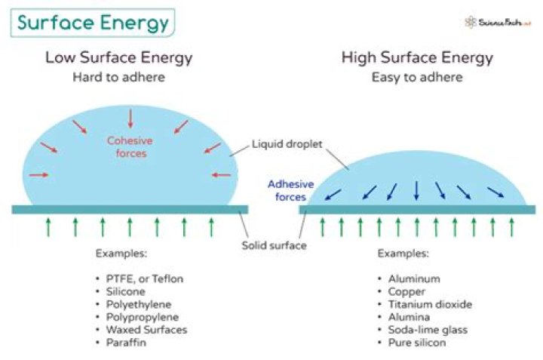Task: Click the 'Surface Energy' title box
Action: click(x=93, y=23)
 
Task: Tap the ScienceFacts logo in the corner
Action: click(x=498, y=23)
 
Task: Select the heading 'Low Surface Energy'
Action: click(x=119, y=57)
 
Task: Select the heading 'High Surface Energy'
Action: click(x=417, y=57)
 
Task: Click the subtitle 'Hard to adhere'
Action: click(x=119, y=77)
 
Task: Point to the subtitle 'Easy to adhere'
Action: click(x=417, y=77)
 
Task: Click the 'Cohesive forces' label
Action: click(x=130, y=147)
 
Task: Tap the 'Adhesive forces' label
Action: click(x=291, y=191)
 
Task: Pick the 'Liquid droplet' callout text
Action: click(x=287, y=144)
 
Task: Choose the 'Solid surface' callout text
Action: click(x=274, y=245)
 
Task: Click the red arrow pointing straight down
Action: click(x=130, y=118)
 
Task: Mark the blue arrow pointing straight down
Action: click(x=416, y=191)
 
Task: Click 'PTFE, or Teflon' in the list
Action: click(x=144, y=279)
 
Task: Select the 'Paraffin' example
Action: click(x=126, y=343)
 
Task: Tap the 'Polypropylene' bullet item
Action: click(x=143, y=317)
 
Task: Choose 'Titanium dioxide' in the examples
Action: click(x=430, y=304)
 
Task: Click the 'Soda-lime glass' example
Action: click(x=428, y=330)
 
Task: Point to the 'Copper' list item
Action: click(x=406, y=292)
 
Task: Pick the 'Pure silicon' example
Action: click(x=417, y=343)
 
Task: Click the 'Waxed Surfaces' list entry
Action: click(x=146, y=330)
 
